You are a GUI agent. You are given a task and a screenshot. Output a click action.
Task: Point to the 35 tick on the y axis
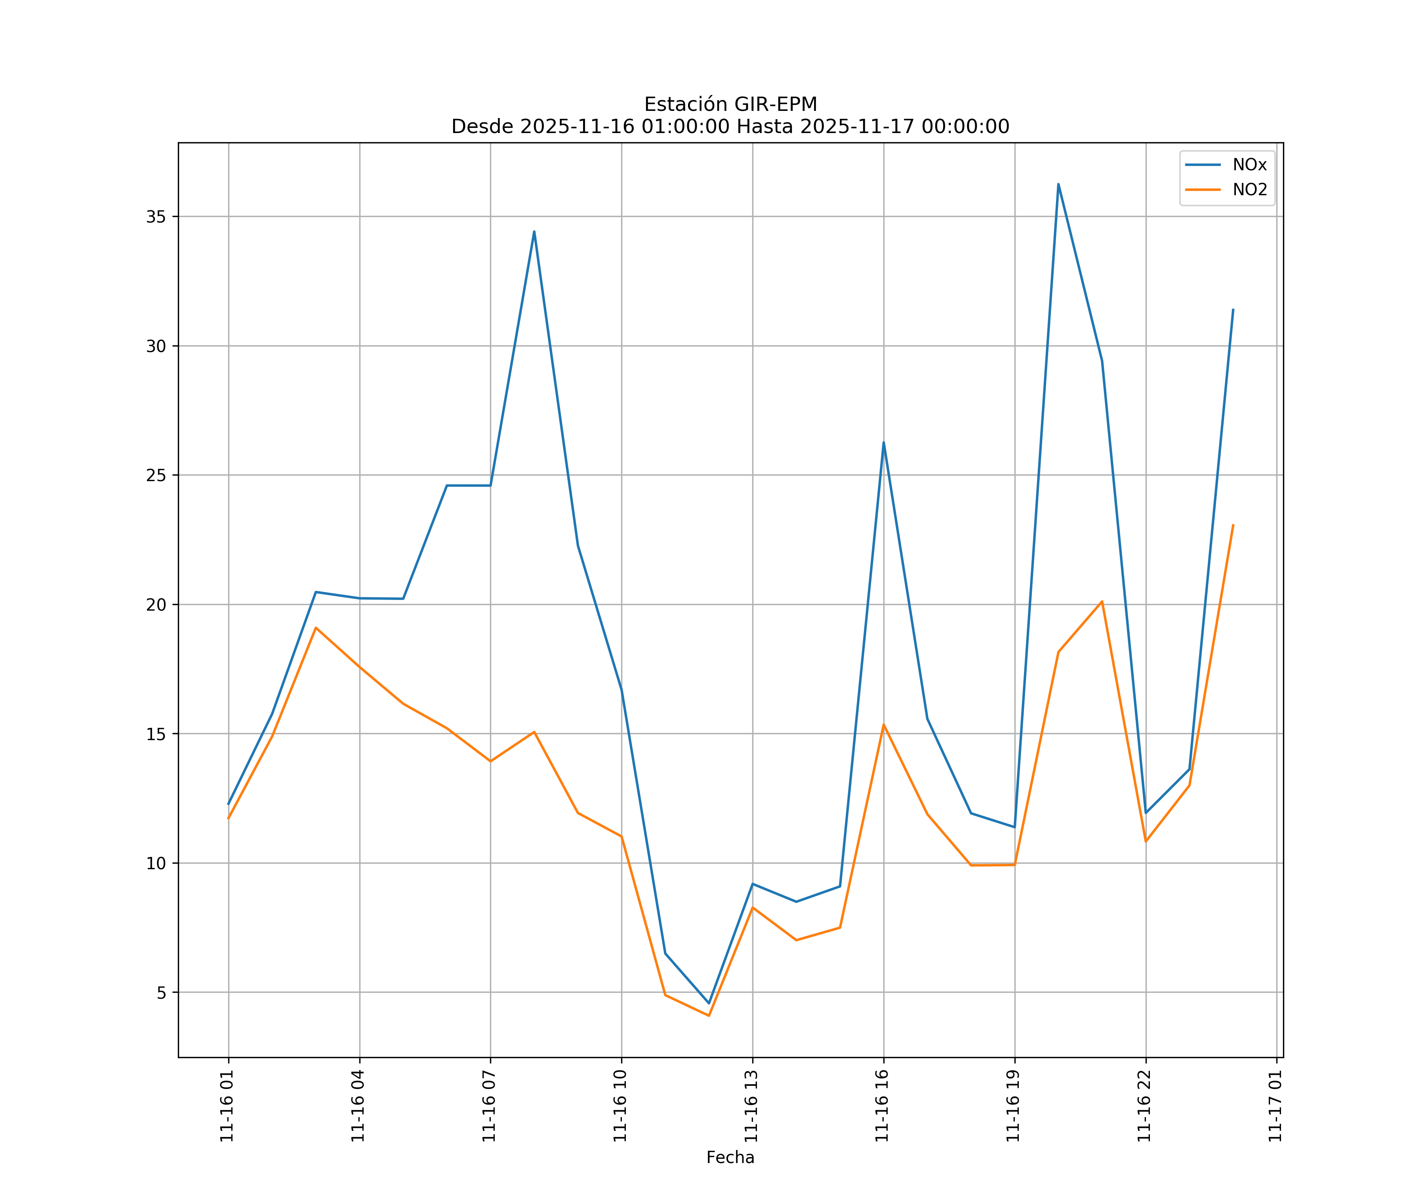pos(156,217)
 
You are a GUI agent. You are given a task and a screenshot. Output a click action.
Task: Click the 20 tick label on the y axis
pos(156,604)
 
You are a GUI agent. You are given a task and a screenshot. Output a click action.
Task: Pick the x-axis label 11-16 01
pos(227,1106)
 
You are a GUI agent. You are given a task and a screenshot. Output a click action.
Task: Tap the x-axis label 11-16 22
pos(1144,1106)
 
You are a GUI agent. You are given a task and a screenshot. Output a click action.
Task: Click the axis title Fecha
pos(730,1158)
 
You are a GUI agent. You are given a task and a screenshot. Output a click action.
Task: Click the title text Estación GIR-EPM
pos(730,105)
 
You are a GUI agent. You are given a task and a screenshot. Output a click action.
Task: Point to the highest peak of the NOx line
pos(1058,184)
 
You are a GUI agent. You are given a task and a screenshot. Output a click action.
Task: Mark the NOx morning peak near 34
pos(534,232)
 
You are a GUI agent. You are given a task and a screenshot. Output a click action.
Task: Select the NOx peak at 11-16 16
pos(883,443)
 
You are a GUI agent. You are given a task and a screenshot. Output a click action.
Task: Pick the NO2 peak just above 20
pos(1102,602)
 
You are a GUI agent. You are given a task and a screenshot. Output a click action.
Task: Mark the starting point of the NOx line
pos(228,804)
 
